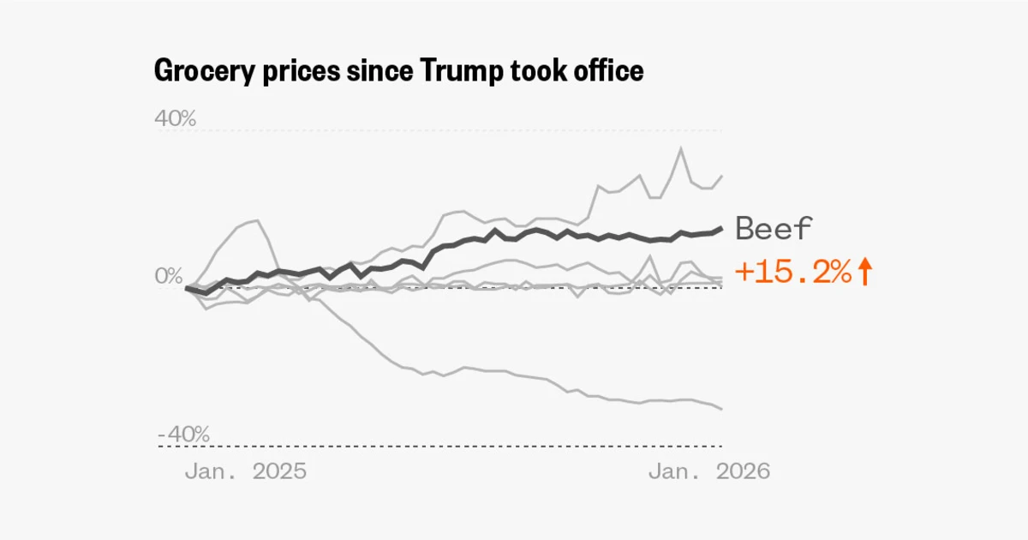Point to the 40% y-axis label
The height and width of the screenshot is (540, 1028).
[x=175, y=118]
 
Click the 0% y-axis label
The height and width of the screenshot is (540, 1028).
[x=170, y=277]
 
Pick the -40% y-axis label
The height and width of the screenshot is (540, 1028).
[x=183, y=435]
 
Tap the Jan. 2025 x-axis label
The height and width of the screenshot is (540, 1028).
[x=245, y=471]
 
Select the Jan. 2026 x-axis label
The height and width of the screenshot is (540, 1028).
[x=708, y=471]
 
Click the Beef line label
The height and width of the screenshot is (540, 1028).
[x=774, y=229]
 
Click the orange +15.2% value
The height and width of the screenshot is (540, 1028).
[x=793, y=273]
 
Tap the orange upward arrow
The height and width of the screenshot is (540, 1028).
[x=864, y=273]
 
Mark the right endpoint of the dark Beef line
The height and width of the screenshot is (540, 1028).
[x=722, y=228]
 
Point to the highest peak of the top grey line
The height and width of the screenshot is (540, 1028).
[x=681, y=148]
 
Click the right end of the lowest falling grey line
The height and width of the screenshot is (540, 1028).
[x=722, y=409]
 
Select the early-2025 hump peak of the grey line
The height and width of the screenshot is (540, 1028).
[x=257, y=220]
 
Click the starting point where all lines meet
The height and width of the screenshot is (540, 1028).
[x=187, y=288]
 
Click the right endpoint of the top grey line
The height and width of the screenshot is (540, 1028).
[x=722, y=176]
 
